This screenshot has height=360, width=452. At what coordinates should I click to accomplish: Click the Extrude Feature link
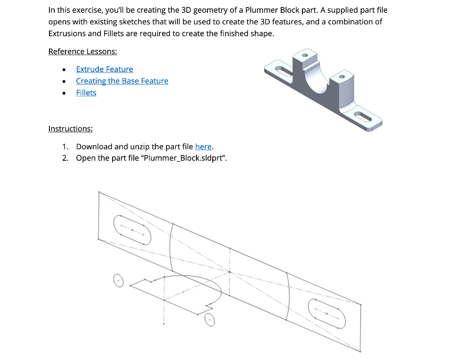(104, 69)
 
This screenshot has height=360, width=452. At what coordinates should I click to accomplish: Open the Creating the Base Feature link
(122, 81)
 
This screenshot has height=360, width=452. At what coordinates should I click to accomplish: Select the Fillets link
(86, 93)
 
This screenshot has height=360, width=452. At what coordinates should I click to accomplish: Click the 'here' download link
(203, 147)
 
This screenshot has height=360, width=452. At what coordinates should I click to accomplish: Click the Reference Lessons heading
(83, 52)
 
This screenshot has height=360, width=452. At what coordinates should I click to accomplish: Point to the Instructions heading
(70, 129)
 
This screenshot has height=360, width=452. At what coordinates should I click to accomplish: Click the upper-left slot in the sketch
(132, 230)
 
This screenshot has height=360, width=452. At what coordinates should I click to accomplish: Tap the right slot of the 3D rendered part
(365, 117)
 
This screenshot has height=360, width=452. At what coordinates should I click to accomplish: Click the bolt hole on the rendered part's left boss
(305, 56)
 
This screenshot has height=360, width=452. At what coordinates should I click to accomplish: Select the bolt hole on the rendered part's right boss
(341, 77)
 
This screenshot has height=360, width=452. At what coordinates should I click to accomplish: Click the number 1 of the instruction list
(65, 147)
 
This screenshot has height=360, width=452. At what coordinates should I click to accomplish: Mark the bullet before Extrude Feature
(64, 69)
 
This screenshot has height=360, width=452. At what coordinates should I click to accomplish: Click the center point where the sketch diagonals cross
(230, 272)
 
